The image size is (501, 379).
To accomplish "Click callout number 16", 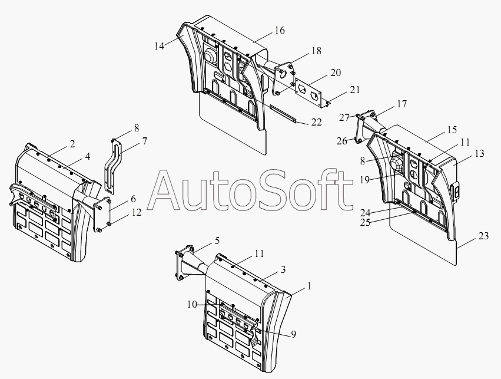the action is pos(279,31).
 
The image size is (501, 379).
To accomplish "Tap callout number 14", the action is pos(159,46).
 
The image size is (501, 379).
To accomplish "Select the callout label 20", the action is pos(336,72).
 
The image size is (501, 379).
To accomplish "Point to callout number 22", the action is pos(316,122).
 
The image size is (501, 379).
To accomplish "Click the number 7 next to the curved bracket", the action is pos(145,141).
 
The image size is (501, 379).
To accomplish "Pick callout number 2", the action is pos(72,144).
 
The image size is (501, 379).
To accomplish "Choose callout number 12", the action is pos(137,212).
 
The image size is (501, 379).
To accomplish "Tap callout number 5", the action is pos(217,240).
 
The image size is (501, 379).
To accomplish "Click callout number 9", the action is pos(293,334).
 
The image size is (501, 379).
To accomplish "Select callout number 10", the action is pos(192,305).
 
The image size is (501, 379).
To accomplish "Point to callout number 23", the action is pos(483,236).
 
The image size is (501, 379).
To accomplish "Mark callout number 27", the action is pos(344,118).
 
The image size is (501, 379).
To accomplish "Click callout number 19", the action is pos(364,180).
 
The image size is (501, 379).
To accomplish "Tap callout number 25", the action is pos(365,222).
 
